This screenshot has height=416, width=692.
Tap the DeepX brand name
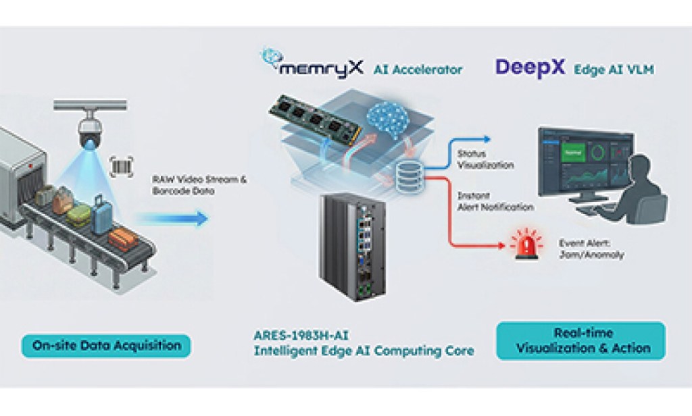[530, 68]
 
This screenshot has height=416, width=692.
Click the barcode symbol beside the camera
[122, 166]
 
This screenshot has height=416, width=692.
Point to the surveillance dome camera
[90, 128]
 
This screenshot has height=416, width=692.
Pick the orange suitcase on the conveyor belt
[124, 237]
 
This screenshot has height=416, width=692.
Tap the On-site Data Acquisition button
[106, 346]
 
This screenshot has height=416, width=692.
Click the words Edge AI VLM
[614, 70]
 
